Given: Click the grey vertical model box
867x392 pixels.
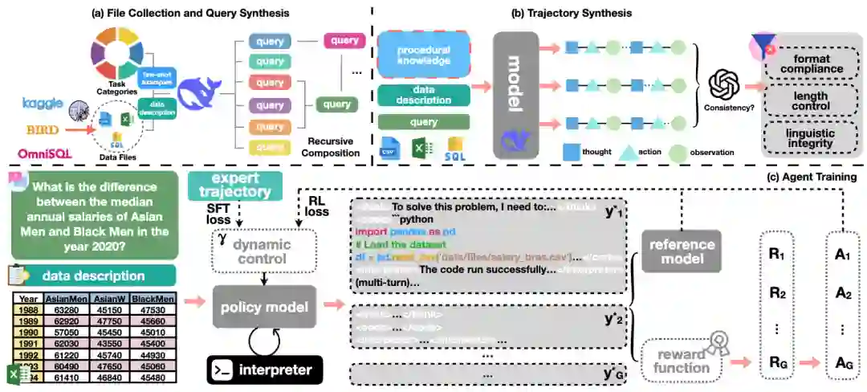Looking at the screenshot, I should point(515,94).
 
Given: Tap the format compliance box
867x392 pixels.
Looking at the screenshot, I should point(812,63).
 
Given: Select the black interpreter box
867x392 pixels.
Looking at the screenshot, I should point(264,370).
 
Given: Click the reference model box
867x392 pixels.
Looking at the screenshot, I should point(682,251).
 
